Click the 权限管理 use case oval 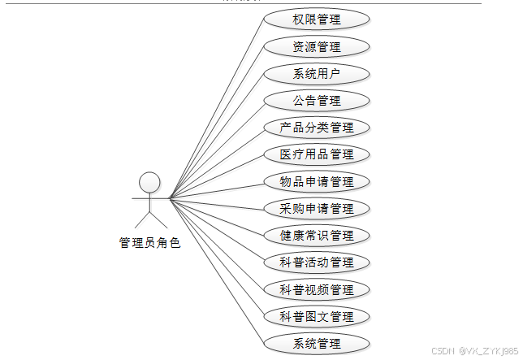(317, 20)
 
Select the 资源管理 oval (317, 46)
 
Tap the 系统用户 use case (317, 74)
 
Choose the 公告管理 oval (317, 101)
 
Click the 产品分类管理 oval (317, 128)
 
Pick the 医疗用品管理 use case (317, 154)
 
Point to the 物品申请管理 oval (317, 181)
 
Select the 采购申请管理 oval (317, 209)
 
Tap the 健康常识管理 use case (317, 236)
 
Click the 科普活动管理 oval (317, 262)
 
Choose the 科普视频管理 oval (317, 289)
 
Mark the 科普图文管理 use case (317, 316)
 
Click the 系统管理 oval (317, 343)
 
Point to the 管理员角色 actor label (149, 242)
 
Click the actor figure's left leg (140, 219)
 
